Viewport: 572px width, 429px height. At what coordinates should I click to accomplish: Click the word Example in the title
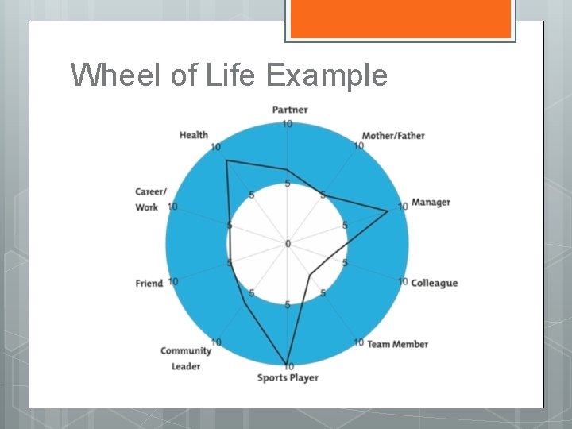(x=327, y=75)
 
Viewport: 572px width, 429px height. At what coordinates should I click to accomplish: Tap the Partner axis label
(x=290, y=110)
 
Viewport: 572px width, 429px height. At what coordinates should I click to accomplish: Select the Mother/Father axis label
(x=393, y=136)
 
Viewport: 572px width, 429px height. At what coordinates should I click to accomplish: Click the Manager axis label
(x=431, y=202)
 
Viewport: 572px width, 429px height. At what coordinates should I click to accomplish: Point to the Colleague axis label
(x=434, y=283)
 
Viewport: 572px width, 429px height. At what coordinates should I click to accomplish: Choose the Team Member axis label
(x=398, y=344)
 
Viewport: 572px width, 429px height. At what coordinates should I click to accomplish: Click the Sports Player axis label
(x=288, y=377)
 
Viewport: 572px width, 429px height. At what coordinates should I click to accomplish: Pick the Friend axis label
(x=149, y=283)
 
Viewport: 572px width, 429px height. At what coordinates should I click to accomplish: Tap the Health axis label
(x=194, y=135)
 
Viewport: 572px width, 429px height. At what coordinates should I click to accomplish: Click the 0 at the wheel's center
(x=288, y=243)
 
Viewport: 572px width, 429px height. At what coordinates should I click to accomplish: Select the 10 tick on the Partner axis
(x=287, y=124)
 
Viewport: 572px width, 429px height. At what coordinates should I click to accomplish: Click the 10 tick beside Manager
(x=402, y=207)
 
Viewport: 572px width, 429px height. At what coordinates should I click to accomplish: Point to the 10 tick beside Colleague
(x=403, y=281)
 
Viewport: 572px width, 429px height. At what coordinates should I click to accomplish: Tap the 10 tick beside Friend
(x=172, y=282)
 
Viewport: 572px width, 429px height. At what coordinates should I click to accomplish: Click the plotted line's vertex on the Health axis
(x=227, y=161)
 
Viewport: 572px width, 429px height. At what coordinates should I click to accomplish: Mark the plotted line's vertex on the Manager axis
(x=388, y=211)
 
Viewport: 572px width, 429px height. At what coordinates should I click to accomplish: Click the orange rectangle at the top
(x=400, y=18)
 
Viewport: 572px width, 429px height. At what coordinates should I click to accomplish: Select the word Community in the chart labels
(x=186, y=350)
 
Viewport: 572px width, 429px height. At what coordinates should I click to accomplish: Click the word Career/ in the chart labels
(x=151, y=191)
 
